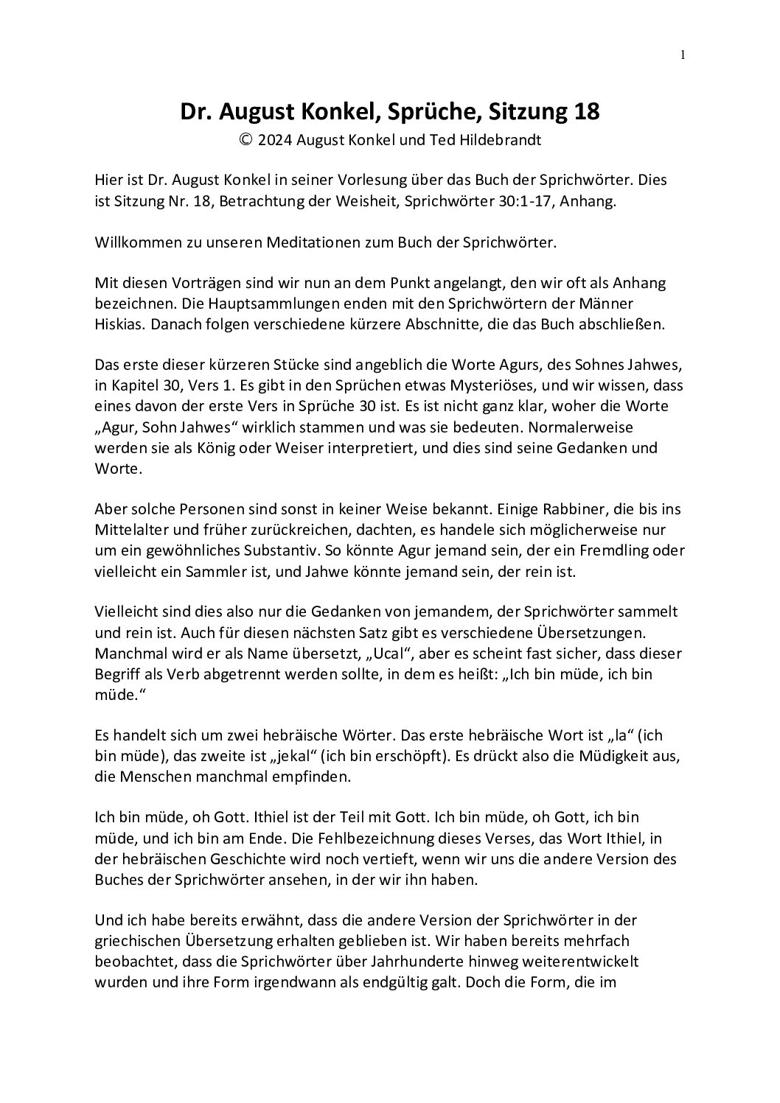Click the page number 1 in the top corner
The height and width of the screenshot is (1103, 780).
point(683,54)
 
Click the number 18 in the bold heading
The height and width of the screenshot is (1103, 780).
point(584,112)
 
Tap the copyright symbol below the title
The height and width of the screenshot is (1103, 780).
point(246,140)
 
